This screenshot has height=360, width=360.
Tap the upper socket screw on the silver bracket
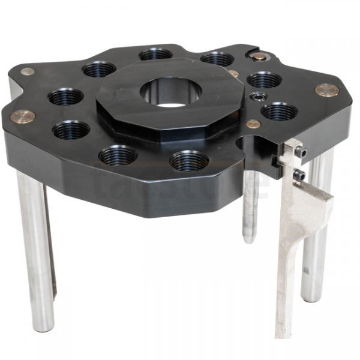tap(303, 154)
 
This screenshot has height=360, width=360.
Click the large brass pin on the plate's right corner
tap(326, 90)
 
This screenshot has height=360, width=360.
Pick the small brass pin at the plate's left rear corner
tap(27, 71)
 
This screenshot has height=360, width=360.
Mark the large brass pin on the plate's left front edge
tap(22, 116)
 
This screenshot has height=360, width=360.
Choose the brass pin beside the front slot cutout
tap(253, 124)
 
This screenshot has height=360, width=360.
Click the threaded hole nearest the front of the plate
tap(189, 161)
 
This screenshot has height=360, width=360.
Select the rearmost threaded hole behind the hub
tap(155, 54)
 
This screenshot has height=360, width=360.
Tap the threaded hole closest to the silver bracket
tap(278, 112)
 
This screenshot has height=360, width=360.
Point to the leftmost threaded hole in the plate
tap(65, 97)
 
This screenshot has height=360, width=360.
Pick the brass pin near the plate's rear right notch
tap(258, 56)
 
